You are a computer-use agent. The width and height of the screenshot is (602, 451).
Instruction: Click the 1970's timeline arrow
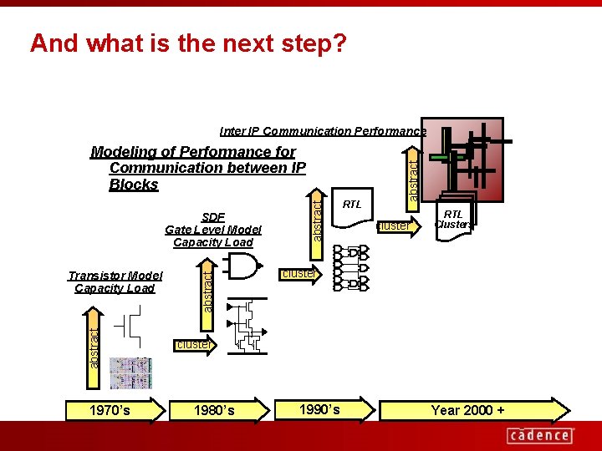[109, 410]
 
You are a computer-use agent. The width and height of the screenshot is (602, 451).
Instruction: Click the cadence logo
[540, 434]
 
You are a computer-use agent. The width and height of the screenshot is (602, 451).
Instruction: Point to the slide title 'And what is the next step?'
[187, 43]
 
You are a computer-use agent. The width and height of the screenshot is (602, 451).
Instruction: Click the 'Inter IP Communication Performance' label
[323, 131]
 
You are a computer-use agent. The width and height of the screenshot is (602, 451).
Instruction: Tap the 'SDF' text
[213, 217]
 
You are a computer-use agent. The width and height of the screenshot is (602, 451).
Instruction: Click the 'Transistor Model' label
[115, 276]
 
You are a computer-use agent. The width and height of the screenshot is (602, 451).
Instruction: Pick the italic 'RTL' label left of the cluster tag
[352, 204]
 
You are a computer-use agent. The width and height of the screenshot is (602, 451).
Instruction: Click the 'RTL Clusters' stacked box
[453, 220]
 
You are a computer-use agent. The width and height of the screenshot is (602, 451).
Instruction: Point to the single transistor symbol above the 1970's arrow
[129, 326]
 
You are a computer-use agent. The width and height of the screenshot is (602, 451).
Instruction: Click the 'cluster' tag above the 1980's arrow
[193, 344]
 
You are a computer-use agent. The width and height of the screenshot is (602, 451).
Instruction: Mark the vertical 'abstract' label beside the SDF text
[317, 217]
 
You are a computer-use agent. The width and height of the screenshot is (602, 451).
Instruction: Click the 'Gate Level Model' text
[213, 230]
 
